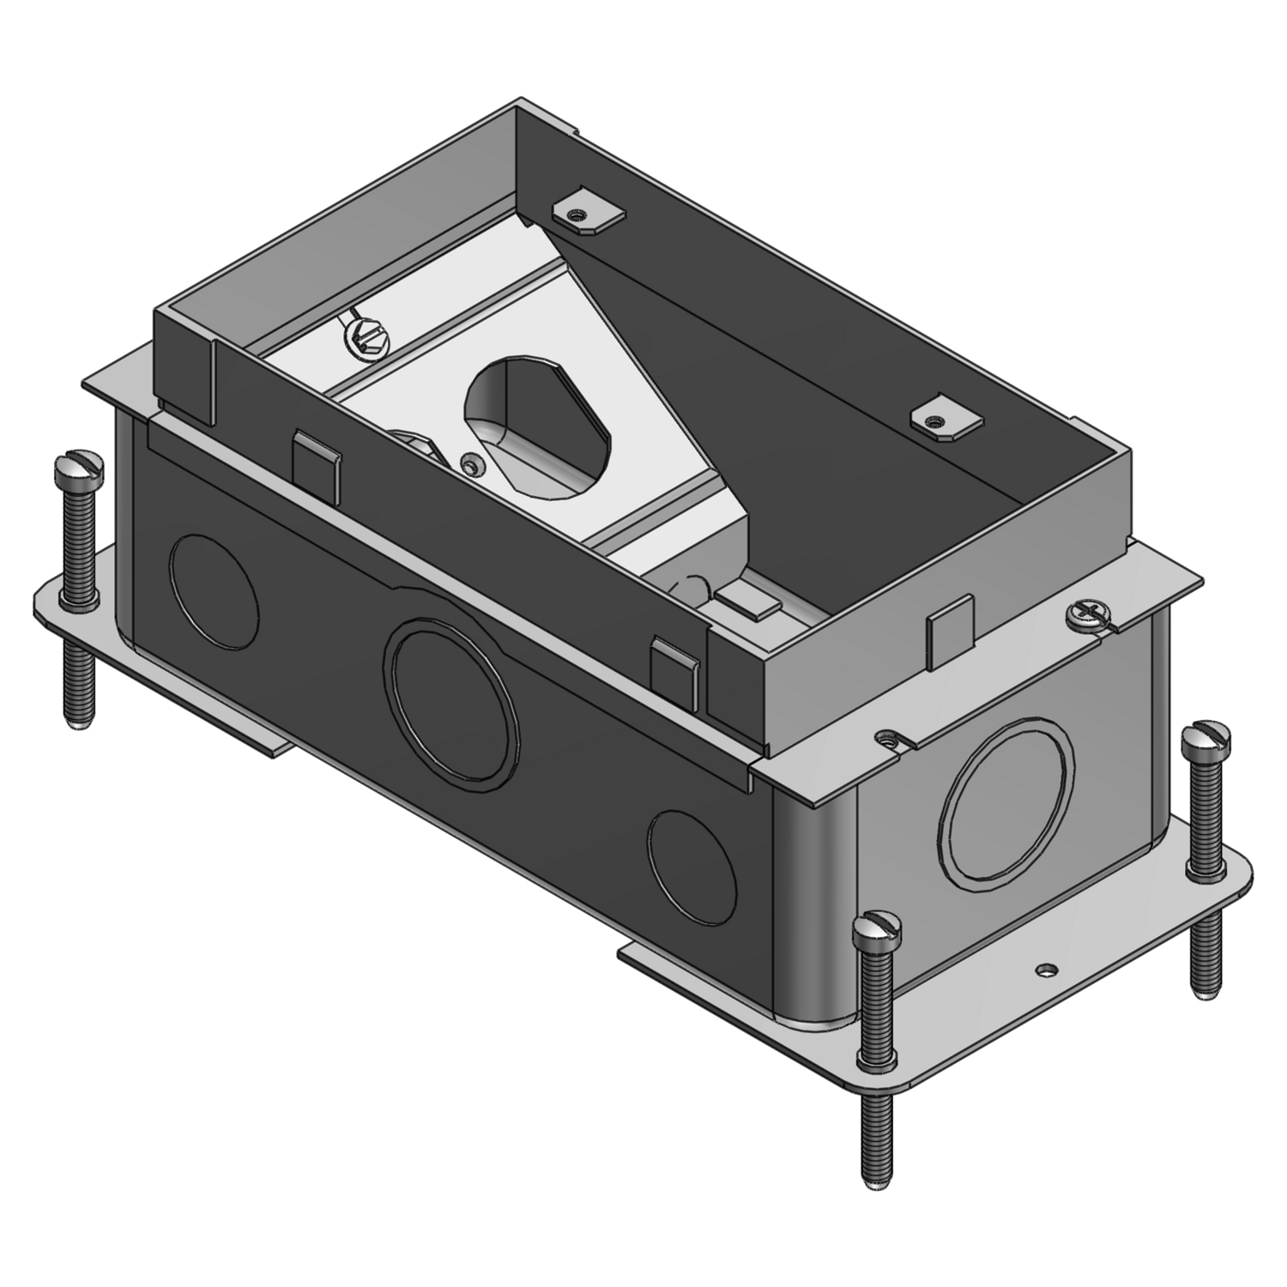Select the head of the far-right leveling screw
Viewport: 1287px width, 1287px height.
click(1206, 738)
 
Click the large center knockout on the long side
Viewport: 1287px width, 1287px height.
click(454, 700)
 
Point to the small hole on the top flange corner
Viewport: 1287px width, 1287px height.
click(887, 735)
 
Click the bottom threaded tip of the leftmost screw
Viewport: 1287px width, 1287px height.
click(77, 721)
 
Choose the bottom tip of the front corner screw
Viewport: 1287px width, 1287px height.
click(875, 1182)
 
